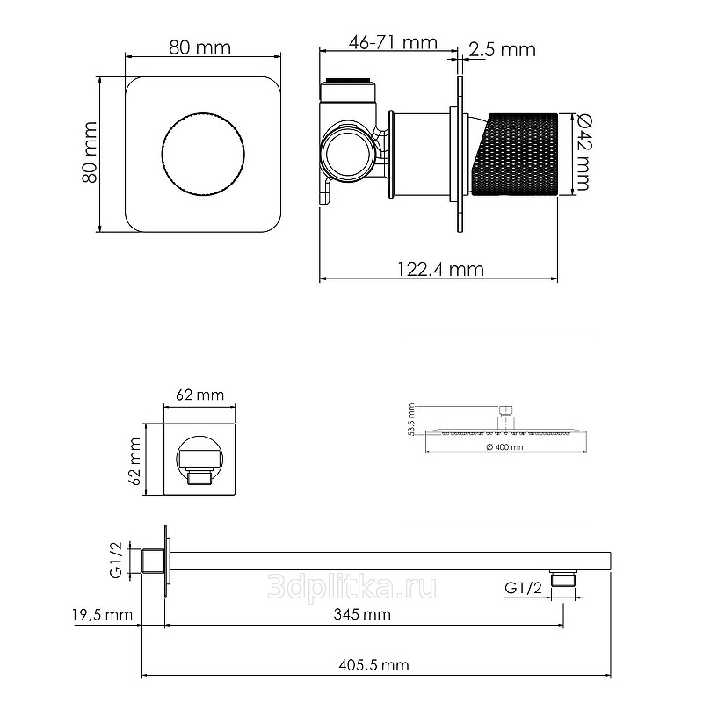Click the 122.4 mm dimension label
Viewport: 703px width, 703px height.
(440, 270)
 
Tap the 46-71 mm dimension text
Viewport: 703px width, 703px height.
(393, 42)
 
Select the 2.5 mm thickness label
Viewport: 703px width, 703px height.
(502, 49)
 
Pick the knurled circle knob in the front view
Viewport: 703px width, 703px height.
(203, 155)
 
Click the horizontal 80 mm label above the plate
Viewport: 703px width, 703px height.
(200, 47)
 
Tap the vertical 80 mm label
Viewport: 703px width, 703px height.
(90, 152)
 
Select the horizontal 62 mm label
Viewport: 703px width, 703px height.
(199, 395)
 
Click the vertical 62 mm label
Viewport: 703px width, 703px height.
(134, 461)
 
